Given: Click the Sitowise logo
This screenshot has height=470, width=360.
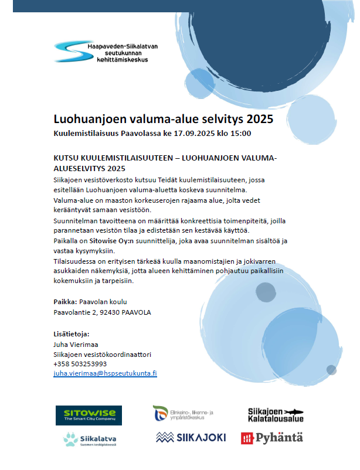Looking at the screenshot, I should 89,415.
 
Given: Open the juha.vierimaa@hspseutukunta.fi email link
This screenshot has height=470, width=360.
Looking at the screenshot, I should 105,373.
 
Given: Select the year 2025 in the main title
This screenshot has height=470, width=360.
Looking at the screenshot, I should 260,119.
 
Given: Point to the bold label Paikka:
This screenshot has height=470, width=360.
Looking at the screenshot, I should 64,302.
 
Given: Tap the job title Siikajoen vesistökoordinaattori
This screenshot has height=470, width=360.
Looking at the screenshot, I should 94,354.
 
